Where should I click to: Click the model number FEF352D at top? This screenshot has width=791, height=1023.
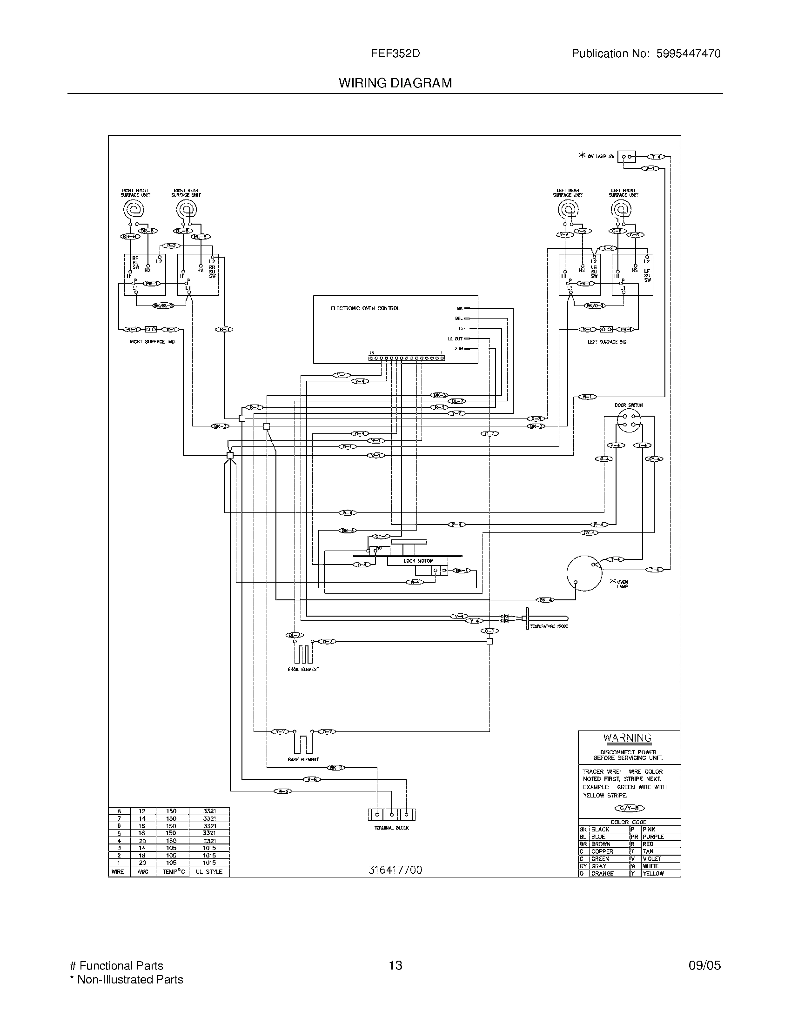click(395, 53)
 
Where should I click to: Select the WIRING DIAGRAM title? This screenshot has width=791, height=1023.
click(395, 83)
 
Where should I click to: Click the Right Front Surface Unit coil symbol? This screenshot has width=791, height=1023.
click(135, 209)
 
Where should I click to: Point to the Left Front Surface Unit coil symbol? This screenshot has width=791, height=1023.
click(623, 209)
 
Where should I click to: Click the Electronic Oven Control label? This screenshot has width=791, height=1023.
click(365, 308)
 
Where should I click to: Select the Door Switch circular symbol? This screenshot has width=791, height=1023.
click(629, 420)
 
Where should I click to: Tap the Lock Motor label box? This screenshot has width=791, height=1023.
click(418, 561)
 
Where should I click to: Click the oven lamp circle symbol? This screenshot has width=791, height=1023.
click(584, 573)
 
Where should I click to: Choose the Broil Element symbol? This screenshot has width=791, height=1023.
click(303, 653)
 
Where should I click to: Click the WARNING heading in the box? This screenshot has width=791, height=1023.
click(628, 738)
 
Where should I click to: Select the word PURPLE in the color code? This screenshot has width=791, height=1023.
click(653, 837)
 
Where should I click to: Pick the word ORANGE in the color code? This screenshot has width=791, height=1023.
click(602, 874)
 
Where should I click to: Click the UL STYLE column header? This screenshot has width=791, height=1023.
click(209, 872)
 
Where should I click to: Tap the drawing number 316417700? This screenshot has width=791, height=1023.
click(395, 870)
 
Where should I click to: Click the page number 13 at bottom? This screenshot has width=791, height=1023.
click(395, 965)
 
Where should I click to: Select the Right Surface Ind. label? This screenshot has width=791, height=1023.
click(152, 342)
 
